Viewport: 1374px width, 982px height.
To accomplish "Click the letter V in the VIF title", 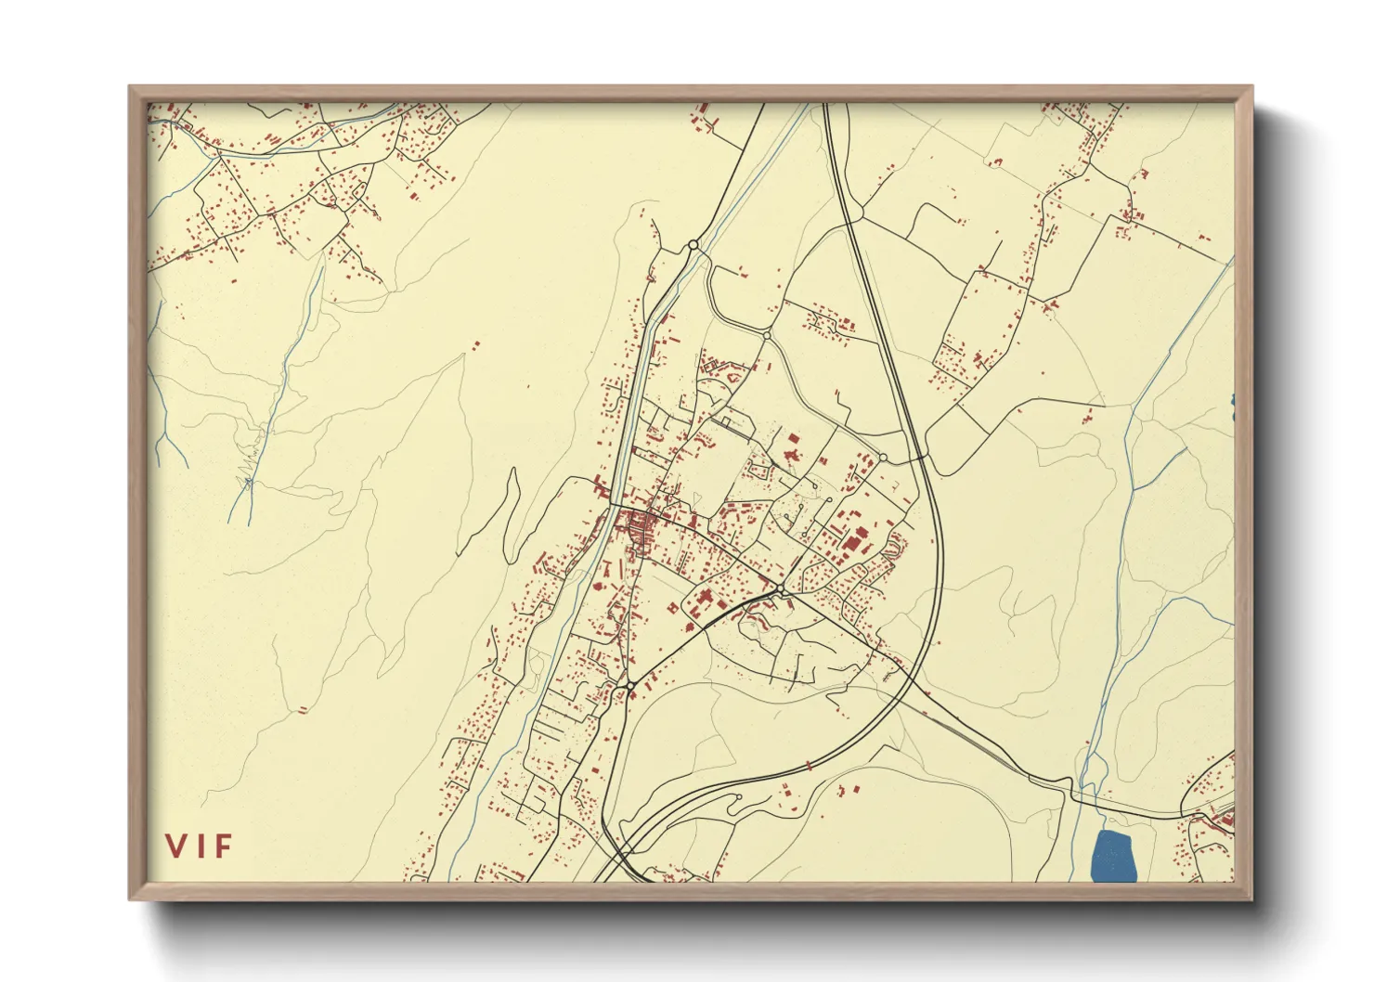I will (x=175, y=846).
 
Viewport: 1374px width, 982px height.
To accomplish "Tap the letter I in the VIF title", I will (x=201, y=846).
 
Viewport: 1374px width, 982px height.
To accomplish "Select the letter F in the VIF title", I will (x=224, y=846).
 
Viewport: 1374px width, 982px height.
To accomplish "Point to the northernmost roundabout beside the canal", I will (x=693, y=245).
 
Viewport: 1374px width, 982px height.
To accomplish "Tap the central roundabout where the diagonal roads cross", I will (x=783, y=590).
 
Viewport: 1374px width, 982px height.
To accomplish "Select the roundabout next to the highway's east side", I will (x=883, y=457).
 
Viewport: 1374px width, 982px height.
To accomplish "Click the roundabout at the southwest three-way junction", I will (x=629, y=686).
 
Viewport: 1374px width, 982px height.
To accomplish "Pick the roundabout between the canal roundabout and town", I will (x=767, y=334).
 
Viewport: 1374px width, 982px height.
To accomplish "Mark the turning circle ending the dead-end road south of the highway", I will (x=737, y=796).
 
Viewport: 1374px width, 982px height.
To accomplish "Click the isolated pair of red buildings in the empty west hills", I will (x=476, y=345).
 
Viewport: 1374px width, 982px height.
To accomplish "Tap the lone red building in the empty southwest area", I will (x=302, y=711).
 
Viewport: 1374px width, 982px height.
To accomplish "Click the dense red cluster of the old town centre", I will (x=639, y=529).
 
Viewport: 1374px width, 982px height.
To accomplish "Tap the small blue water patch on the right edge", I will (x=1232, y=401).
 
